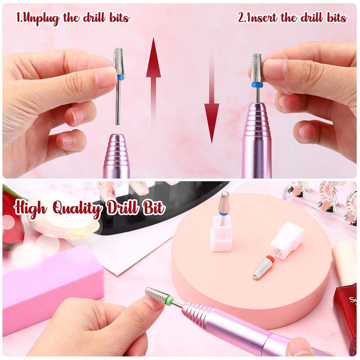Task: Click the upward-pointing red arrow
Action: [x=153, y=83]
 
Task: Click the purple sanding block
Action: [x=53, y=287]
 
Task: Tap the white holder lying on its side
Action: [x=287, y=241]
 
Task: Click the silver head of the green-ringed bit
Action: [x=156, y=296]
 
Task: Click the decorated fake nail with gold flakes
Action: [x=106, y=190]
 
